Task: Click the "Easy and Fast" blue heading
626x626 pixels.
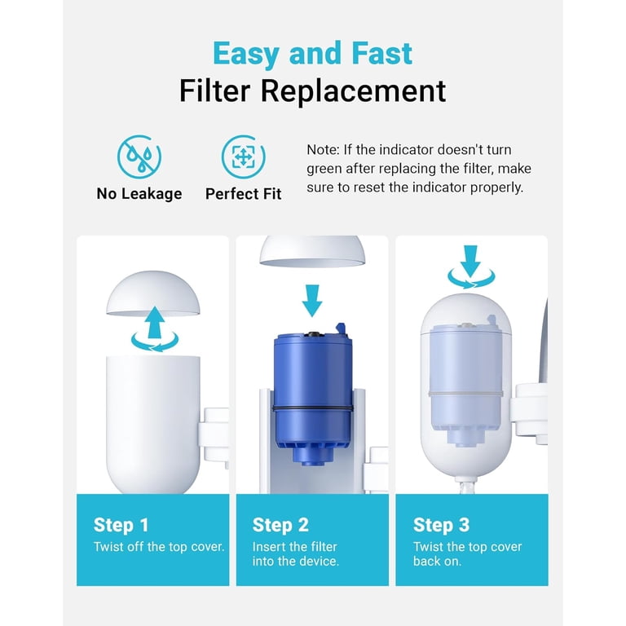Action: click(x=313, y=54)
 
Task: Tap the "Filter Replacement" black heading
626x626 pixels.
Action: click(x=313, y=91)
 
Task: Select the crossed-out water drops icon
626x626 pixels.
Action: click(x=139, y=156)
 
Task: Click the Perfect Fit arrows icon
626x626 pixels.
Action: click(x=243, y=156)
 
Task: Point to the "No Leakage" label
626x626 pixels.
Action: click(x=139, y=194)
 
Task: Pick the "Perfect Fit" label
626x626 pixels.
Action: click(x=243, y=194)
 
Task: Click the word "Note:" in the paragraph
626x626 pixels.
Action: click(x=323, y=150)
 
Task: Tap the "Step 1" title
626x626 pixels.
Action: click(x=121, y=525)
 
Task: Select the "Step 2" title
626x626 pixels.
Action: click(x=280, y=525)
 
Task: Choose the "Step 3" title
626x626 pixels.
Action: click(x=441, y=525)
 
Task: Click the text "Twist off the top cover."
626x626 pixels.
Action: click(x=159, y=547)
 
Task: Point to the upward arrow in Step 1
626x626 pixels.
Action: click(x=155, y=322)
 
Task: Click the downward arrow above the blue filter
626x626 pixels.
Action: click(x=312, y=301)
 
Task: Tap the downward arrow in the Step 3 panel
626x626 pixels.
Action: click(x=470, y=261)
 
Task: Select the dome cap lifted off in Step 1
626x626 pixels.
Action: click(x=153, y=293)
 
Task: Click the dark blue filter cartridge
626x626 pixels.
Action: click(x=313, y=395)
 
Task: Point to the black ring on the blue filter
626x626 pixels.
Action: click(x=313, y=408)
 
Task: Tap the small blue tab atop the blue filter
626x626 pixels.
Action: click(x=342, y=328)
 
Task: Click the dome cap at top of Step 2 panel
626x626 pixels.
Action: click(x=312, y=251)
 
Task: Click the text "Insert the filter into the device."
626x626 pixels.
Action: click(x=295, y=553)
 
